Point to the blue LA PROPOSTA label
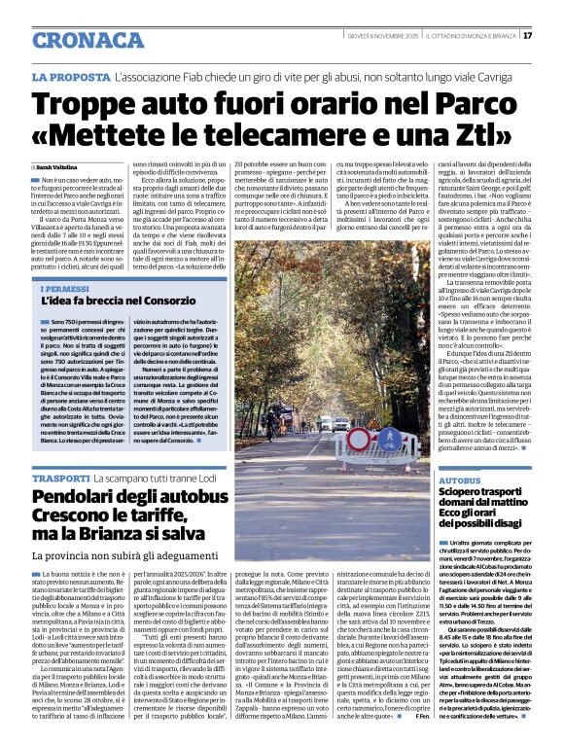tap(69, 76)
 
